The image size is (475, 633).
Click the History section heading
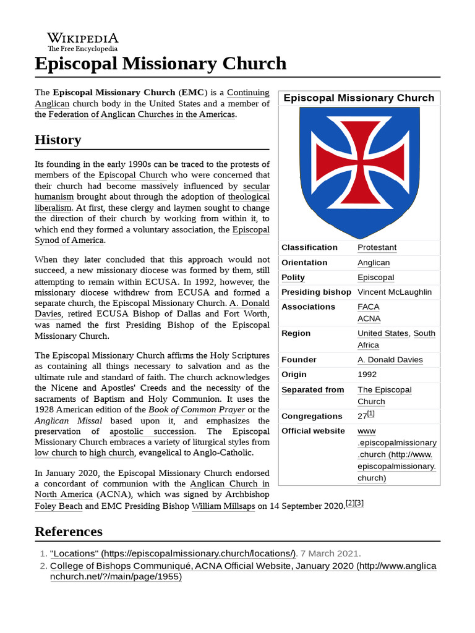(x=58, y=140)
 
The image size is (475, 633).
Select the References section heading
(x=69, y=532)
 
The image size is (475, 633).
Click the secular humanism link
(x=256, y=186)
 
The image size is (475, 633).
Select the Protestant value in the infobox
(x=377, y=247)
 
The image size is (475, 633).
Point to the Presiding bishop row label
(x=316, y=292)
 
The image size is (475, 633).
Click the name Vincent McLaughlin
(x=395, y=292)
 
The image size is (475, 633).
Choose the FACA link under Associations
(x=368, y=307)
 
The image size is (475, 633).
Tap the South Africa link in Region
(x=424, y=334)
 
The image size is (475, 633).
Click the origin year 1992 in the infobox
(x=367, y=375)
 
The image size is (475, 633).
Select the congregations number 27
(x=362, y=416)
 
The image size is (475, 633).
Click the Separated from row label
(x=312, y=389)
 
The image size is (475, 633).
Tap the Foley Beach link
(x=58, y=506)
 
